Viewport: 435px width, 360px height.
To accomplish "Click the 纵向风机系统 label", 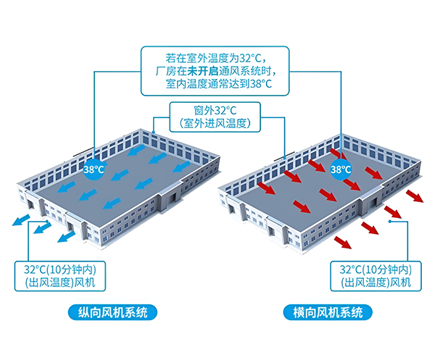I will click(107, 313).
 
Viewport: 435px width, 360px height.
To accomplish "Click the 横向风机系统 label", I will click(328, 313).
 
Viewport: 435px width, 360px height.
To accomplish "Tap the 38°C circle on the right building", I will click(341, 169).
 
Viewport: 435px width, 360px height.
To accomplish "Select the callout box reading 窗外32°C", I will click(215, 117).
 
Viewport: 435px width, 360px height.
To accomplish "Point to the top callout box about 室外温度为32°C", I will click(217, 70).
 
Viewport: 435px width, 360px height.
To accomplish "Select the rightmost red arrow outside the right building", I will click(415, 197).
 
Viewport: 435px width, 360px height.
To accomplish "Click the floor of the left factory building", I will click(123, 174).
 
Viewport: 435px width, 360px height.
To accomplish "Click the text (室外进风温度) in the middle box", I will click(215, 124).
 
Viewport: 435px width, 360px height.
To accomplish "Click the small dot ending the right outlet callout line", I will click(390, 223).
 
